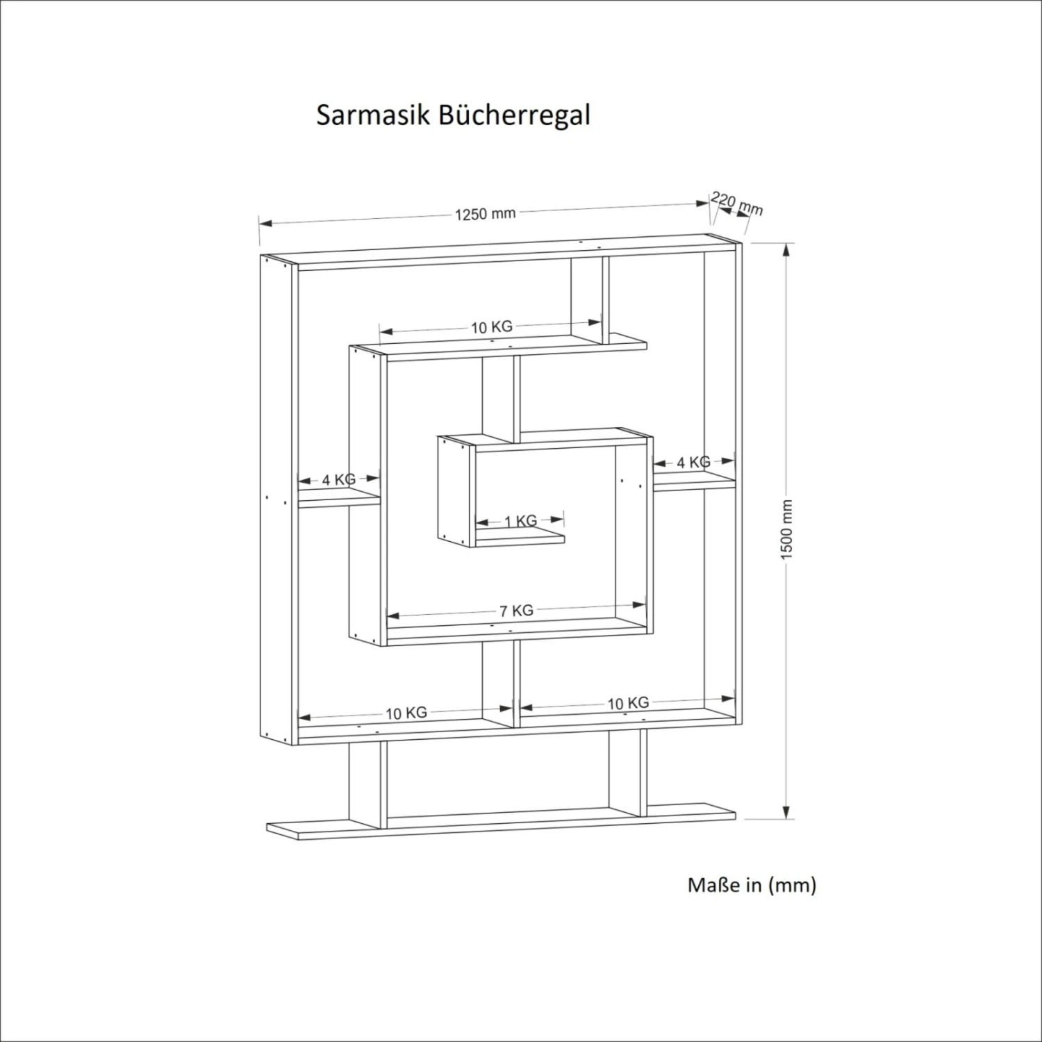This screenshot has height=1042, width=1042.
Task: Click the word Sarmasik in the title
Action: (374, 115)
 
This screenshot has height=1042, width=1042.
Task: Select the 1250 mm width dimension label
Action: (485, 214)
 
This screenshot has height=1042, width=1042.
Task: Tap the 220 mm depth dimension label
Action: (737, 204)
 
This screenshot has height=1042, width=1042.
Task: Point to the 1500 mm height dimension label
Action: (786, 529)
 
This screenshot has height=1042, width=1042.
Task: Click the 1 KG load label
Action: (520, 521)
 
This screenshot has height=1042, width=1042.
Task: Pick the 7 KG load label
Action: (516, 611)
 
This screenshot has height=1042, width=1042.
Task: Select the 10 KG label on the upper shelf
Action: (492, 327)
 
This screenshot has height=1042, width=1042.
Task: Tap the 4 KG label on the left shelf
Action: (338, 479)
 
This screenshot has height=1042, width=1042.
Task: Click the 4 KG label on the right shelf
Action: (693, 463)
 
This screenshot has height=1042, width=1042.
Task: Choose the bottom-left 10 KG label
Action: (406, 713)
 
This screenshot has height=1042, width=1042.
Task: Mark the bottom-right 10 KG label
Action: (628, 704)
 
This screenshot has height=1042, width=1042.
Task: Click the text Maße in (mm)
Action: (752, 885)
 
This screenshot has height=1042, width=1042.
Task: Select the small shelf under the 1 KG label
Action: (520, 539)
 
